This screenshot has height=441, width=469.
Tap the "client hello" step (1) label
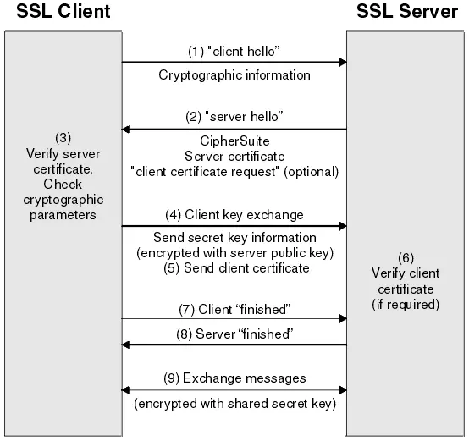pyautogui.click(x=234, y=50)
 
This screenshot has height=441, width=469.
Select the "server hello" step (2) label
pyautogui.click(x=234, y=115)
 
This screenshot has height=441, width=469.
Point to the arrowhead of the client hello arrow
pyautogui.click(x=343, y=62)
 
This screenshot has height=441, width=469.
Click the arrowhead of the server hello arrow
pyautogui.click(x=126, y=129)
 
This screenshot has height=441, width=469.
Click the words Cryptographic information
pyautogui.click(x=234, y=75)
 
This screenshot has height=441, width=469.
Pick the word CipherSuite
pyautogui.click(x=234, y=141)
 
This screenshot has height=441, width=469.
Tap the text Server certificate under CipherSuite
pyautogui.click(x=234, y=156)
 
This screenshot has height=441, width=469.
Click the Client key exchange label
pyautogui.click(x=234, y=214)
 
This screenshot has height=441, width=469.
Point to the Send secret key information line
pyautogui.click(x=234, y=238)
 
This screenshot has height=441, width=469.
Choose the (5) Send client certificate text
pyautogui.click(x=234, y=268)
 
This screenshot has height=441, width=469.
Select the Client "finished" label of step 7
pyautogui.click(x=234, y=308)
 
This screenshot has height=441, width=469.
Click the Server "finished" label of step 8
pyautogui.click(x=234, y=334)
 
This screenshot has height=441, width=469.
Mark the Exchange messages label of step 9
pyautogui.click(x=234, y=378)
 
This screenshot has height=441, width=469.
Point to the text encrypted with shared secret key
pyautogui.click(x=234, y=404)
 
